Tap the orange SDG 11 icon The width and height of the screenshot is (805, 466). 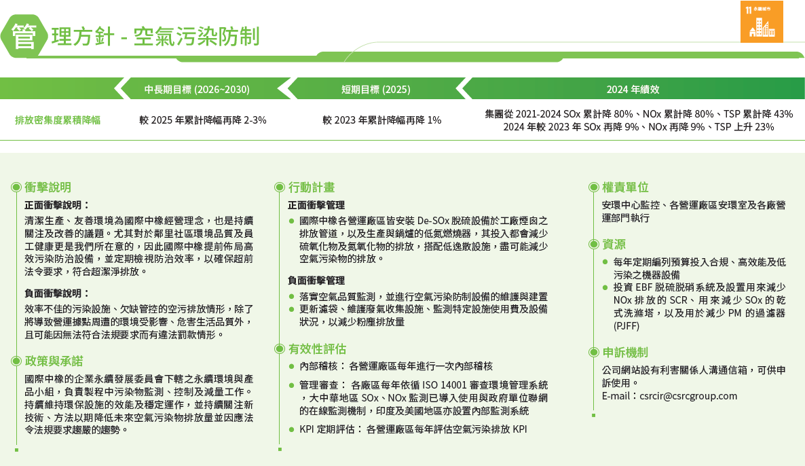[761, 22]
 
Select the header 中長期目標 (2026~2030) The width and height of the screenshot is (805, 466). [197, 90]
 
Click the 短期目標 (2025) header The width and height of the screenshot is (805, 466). [375, 90]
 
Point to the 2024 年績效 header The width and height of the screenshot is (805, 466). [633, 90]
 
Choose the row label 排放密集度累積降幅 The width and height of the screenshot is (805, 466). [58, 120]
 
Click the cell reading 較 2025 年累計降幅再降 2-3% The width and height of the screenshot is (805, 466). [203, 120]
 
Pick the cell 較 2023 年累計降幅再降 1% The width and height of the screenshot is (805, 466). [382, 120]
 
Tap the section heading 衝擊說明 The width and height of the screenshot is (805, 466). [48, 187]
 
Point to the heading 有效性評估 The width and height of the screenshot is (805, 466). [317, 349]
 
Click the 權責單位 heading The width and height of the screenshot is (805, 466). [625, 187]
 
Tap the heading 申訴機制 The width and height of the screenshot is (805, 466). [625, 353]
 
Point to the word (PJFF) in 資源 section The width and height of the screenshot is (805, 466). [626, 325]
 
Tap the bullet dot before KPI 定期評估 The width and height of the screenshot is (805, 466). [291, 429]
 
